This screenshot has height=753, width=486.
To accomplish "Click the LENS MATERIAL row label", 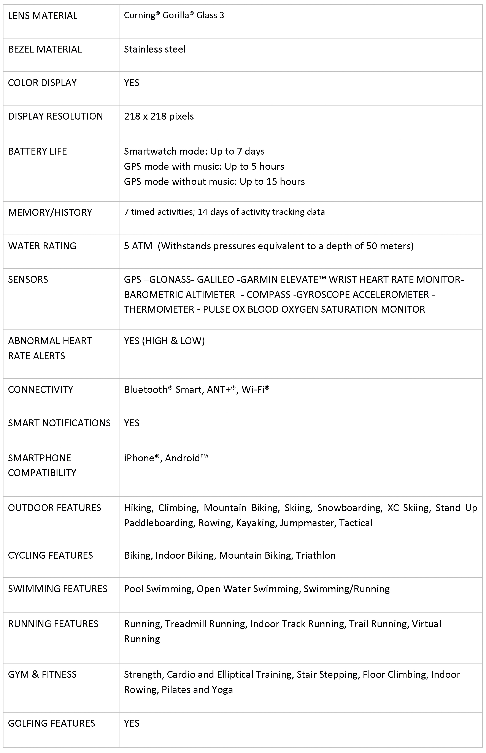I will [43, 16].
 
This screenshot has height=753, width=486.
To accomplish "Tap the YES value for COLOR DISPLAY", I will [132, 83].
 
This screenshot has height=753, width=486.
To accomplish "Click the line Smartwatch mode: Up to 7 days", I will [194, 151].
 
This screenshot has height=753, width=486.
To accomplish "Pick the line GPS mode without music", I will [214, 182].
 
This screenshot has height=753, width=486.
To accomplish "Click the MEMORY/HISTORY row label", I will [50, 212].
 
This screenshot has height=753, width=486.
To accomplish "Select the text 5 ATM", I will [138, 246].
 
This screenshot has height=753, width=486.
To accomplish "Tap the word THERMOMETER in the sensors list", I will [159, 309].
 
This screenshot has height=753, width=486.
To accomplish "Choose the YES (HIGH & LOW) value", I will [164, 341].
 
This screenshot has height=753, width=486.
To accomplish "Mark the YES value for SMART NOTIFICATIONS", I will [132, 423].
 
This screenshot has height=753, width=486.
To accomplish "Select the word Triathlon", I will [316, 555].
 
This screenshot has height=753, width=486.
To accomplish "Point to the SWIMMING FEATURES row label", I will [57, 589].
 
